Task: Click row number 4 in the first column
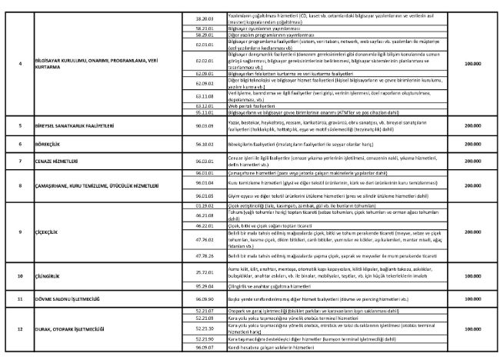[x=21, y=63]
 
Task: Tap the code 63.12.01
[x=204, y=105]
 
